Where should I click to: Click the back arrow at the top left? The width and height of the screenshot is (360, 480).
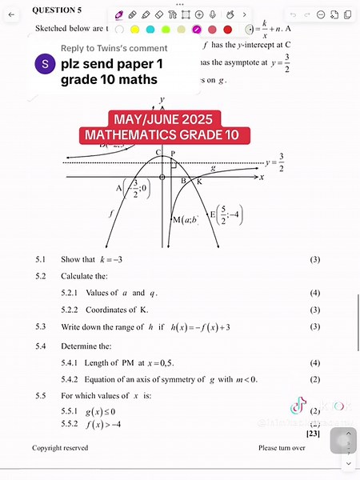click(x=11, y=14)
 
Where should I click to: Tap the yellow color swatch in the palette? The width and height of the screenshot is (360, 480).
click(x=134, y=30)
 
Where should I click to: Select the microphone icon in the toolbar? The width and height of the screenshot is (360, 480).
click(x=230, y=14)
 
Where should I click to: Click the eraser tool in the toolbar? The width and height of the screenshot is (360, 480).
click(x=158, y=14)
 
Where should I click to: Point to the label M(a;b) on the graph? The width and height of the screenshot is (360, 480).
click(x=186, y=219)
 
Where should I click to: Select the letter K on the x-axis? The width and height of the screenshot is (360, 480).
click(x=199, y=182)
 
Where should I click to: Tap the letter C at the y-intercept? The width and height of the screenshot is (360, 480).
click(x=158, y=152)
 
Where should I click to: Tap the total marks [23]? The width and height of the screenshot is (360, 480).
click(x=313, y=433)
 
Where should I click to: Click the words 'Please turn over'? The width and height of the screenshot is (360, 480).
click(x=282, y=448)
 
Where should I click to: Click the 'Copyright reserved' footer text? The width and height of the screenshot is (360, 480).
click(x=60, y=448)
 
